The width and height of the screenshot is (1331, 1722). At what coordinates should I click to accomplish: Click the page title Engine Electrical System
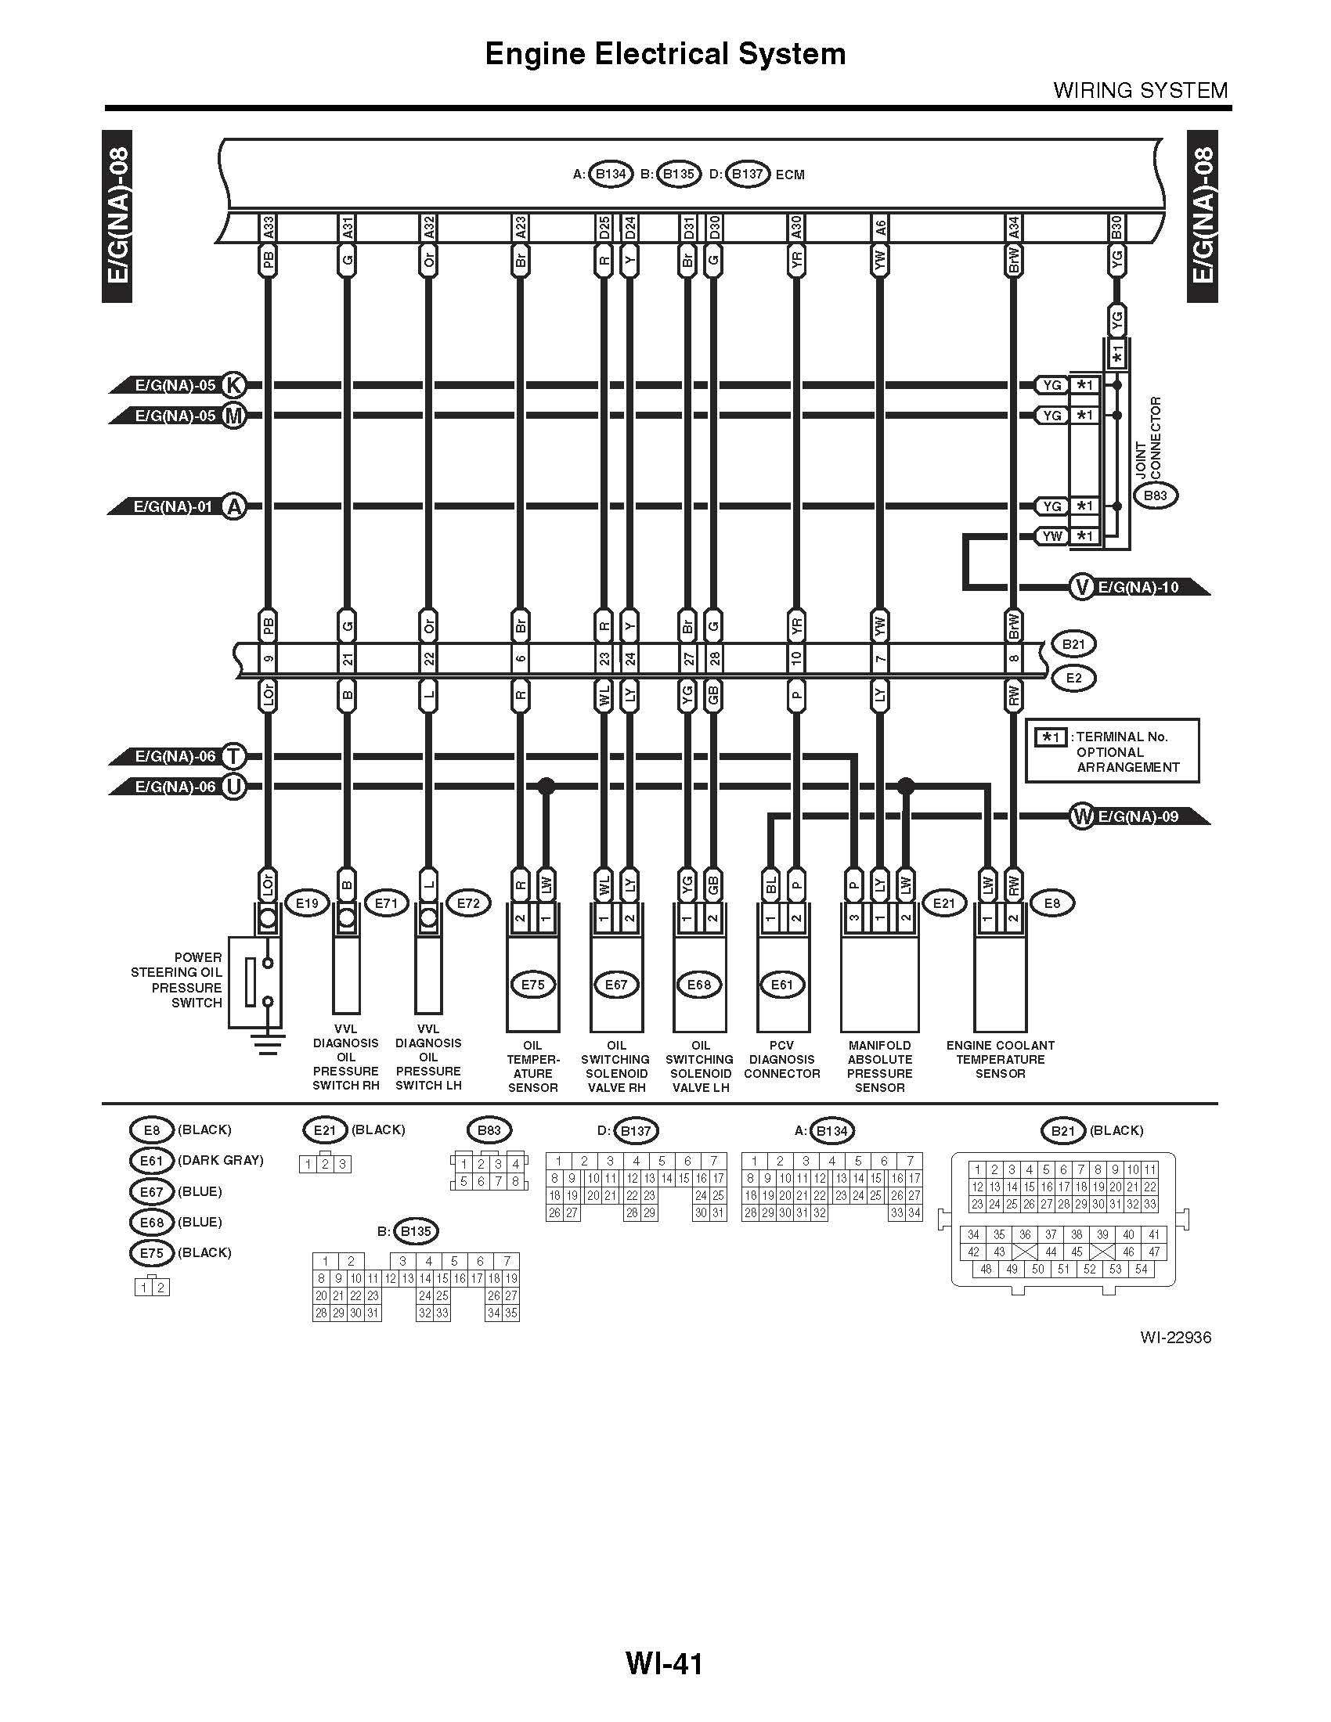pyautogui.click(x=665, y=53)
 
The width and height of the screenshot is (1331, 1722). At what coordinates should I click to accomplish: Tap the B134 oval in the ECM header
pyautogui.click(x=611, y=175)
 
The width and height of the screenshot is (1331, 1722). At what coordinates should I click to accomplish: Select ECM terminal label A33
pyautogui.click(x=268, y=229)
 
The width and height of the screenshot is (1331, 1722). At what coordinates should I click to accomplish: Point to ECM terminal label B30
pyautogui.click(x=1116, y=229)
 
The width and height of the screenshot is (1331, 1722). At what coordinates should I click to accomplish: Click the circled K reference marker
pyautogui.click(x=233, y=385)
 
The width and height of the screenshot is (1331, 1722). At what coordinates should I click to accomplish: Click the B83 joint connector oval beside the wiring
pyautogui.click(x=1155, y=496)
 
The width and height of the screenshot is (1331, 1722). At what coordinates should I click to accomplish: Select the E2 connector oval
pyautogui.click(x=1073, y=678)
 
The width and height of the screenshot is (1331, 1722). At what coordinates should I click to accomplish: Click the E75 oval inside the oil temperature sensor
pyautogui.click(x=533, y=985)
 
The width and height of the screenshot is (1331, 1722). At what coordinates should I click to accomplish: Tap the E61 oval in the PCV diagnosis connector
pyautogui.click(x=782, y=985)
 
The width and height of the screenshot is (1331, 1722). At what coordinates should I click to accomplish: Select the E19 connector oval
pyautogui.click(x=307, y=903)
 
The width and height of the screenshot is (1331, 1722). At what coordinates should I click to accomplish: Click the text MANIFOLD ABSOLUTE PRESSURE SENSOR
pyautogui.click(x=880, y=1066)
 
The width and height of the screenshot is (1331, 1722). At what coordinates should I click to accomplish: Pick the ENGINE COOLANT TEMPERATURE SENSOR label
pyautogui.click(x=1001, y=1059)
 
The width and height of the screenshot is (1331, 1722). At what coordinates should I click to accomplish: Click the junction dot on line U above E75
pyautogui.click(x=546, y=786)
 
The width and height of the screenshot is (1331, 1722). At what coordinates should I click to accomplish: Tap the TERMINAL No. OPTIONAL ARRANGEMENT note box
pyautogui.click(x=1113, y=751)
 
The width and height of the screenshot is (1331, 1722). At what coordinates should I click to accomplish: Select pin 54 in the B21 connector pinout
pyautogui.click(x=1141, y=1270)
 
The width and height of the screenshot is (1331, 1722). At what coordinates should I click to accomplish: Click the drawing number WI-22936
pyautogui.click(x=1175, y=1337)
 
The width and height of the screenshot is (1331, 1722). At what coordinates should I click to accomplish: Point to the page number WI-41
pyautogui.click(x=664, y=1663)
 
